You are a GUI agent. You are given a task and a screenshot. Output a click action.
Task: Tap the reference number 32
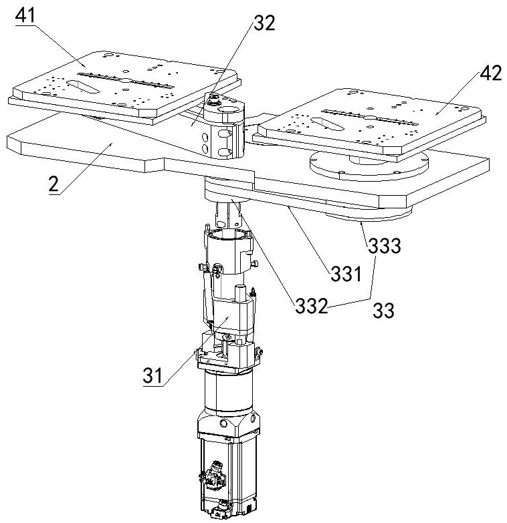pos(264,25)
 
